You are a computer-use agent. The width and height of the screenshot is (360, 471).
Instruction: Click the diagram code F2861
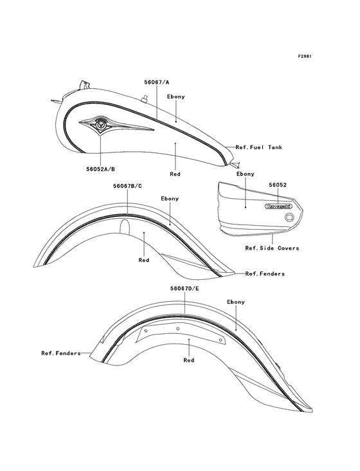[305, 57]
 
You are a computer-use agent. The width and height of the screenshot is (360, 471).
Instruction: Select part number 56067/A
[157, 82]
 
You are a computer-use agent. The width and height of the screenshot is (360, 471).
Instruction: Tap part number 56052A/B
[100, 169]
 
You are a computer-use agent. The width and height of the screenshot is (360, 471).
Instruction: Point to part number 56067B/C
[127, 186]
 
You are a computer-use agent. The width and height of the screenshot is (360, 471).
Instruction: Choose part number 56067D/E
[184, 289]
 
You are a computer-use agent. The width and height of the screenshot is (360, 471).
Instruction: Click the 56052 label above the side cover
[278, 185]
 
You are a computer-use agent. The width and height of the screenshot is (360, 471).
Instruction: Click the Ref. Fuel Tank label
[259, 147]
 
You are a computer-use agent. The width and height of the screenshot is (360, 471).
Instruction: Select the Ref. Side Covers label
[272, 248]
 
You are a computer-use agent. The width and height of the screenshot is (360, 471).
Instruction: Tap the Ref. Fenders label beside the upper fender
[265, 273]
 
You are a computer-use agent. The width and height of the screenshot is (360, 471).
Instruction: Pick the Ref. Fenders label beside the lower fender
[61, 353]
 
